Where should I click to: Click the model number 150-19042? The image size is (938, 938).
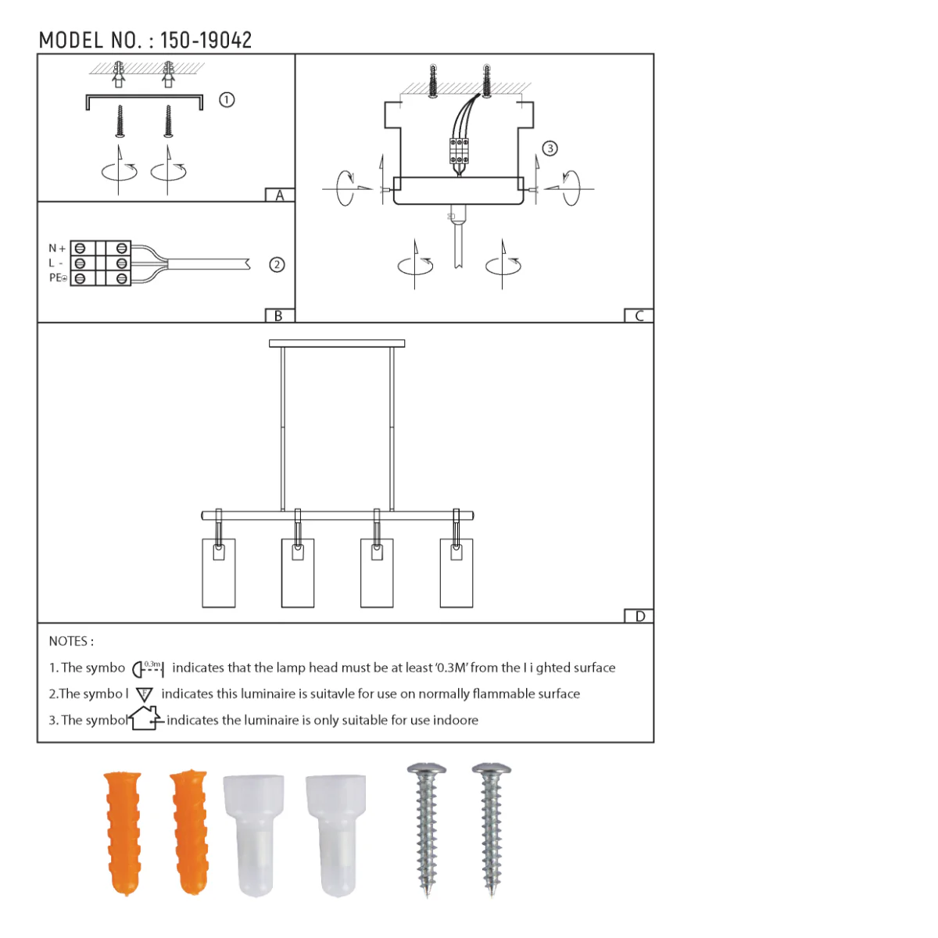[206, 41]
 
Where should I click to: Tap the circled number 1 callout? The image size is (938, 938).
[227, 100]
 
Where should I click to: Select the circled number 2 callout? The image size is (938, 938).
[277, 265]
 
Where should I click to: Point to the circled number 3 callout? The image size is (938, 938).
[550, 149]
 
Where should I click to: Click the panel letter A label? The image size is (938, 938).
[280, 195]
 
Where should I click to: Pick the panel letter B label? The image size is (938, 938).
[279, 316]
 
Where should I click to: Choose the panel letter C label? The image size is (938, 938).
[639, 316]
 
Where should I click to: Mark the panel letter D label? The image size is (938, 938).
[639, 616]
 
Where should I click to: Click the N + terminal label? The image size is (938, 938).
[57, 249]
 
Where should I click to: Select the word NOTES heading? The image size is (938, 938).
[71, 641]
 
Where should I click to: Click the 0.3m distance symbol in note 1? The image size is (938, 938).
[148, 668]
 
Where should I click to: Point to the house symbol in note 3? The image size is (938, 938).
[145, 718]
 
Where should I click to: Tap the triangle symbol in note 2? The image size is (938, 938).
[145, 694]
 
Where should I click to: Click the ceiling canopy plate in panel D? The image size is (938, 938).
[337, 343]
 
